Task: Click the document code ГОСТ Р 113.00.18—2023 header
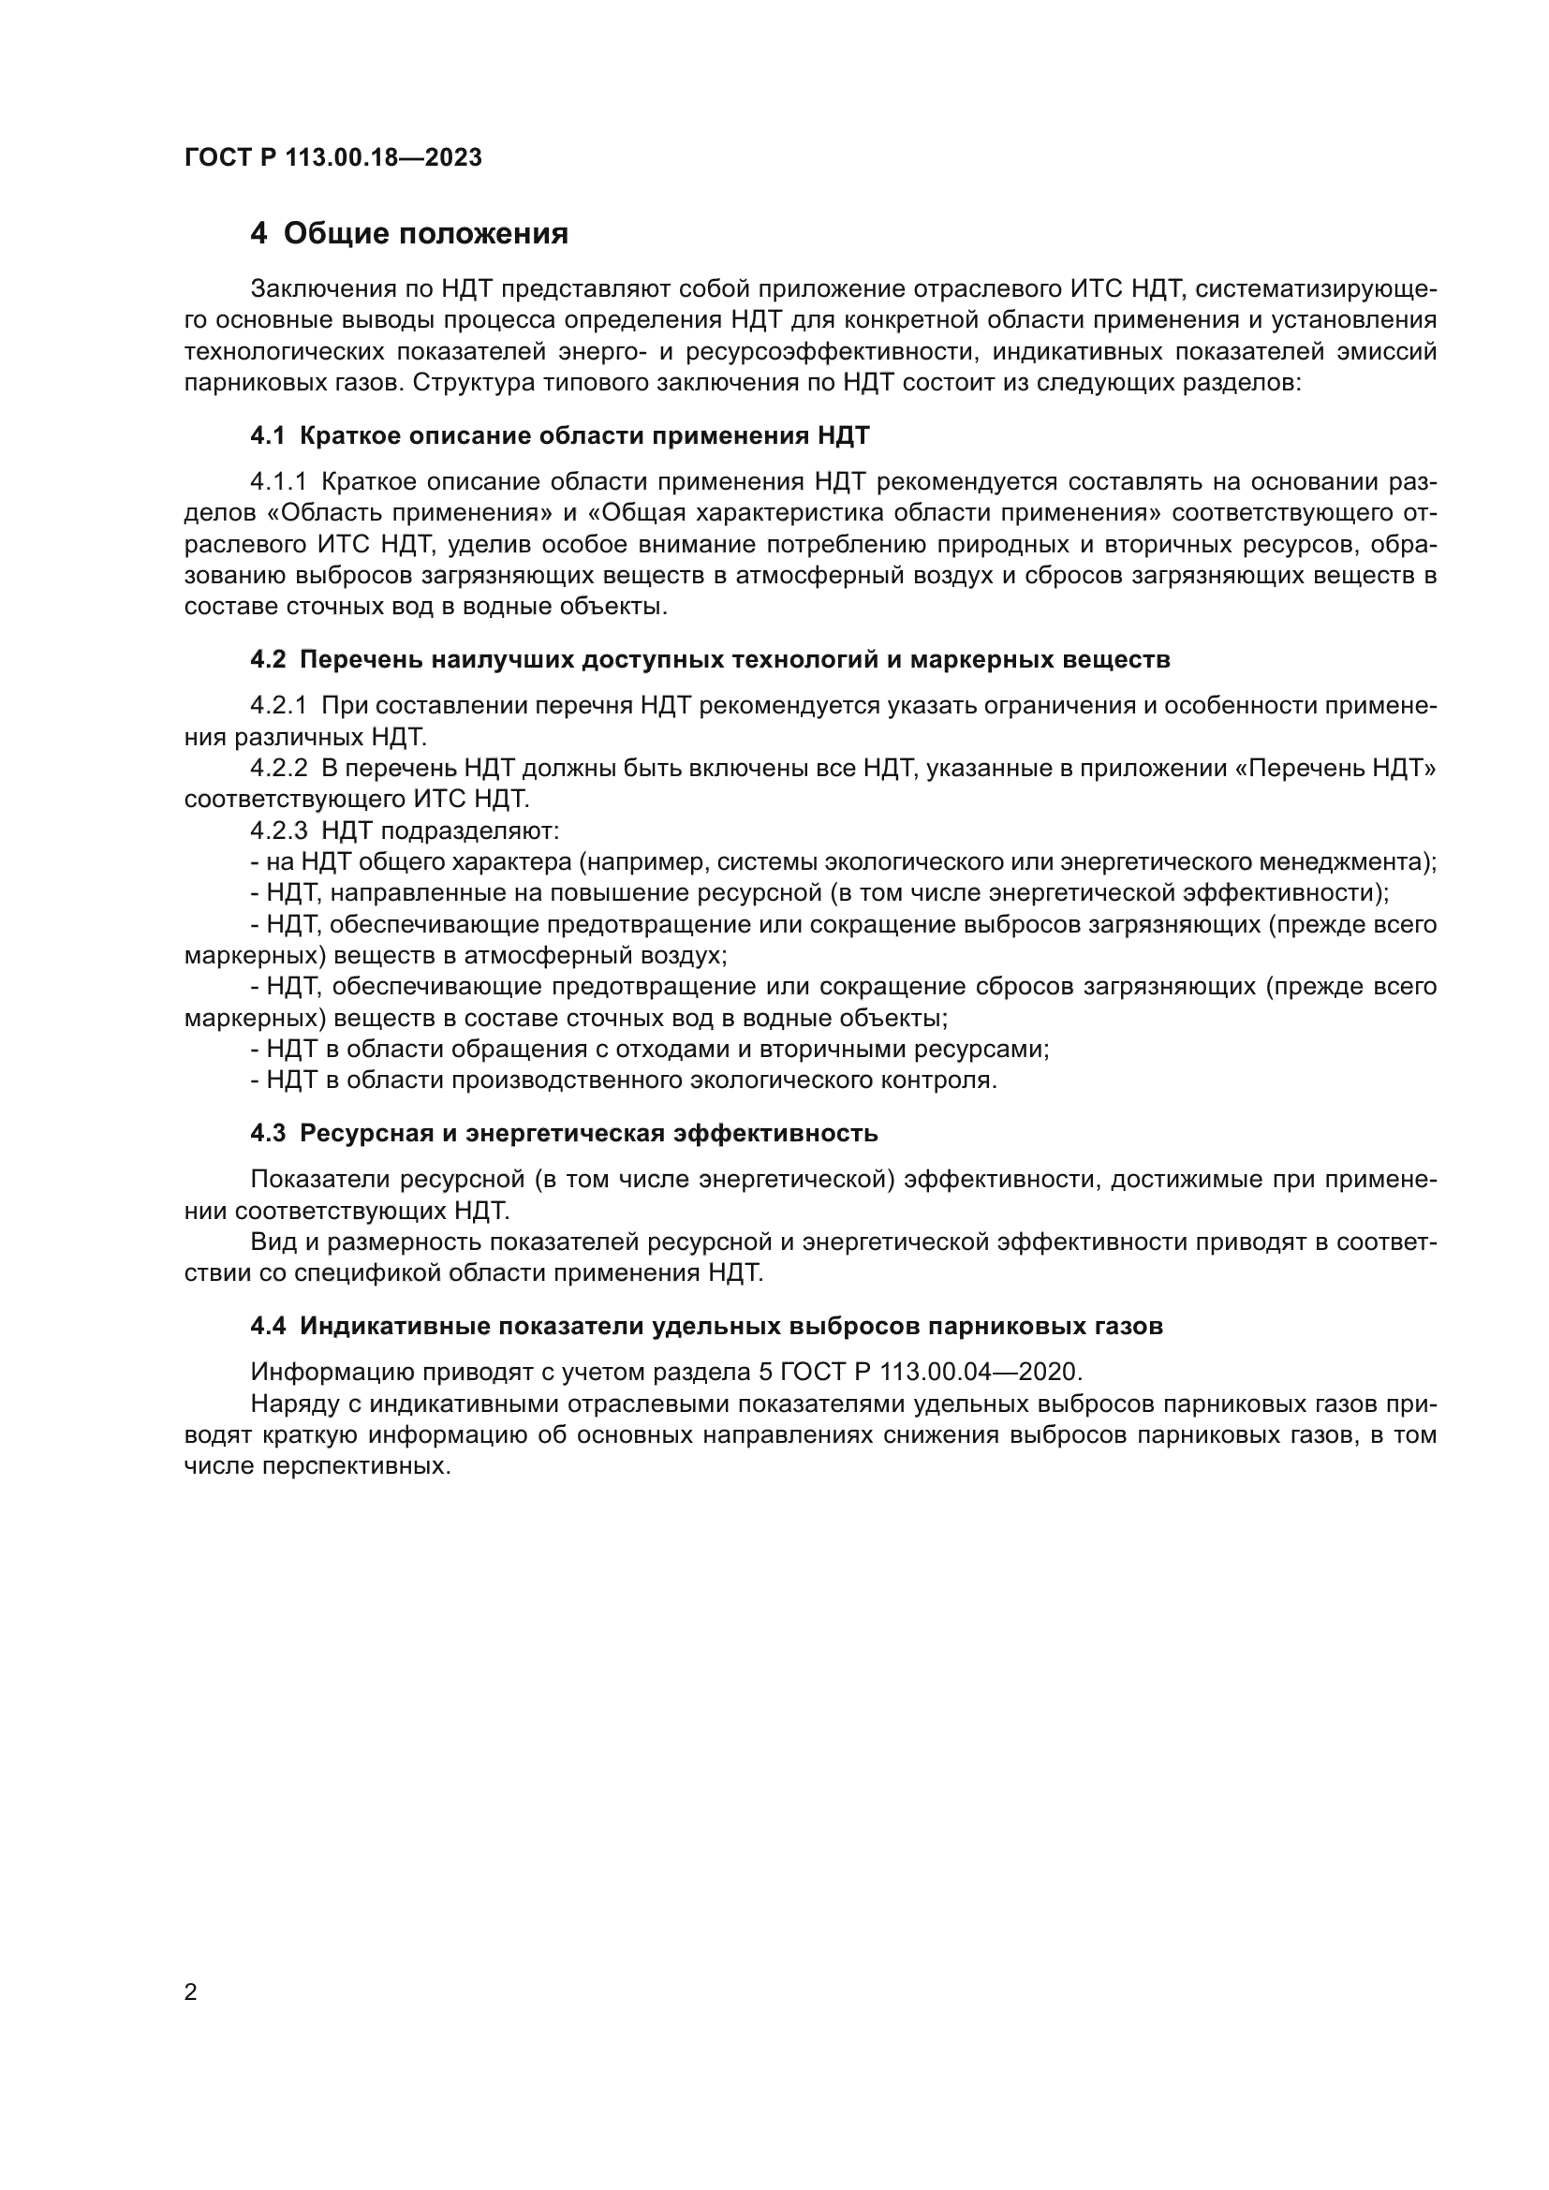pos(332,157)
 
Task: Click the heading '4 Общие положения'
pos(409,234)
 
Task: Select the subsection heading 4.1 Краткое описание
pos(560,436)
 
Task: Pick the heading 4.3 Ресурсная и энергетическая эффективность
pos(564,1133)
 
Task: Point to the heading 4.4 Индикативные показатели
pos(706,1326)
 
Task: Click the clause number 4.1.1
pos(278,481)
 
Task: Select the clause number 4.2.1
pos(278,706)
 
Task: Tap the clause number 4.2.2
pos(278,768)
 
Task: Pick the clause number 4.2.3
pos(278,830)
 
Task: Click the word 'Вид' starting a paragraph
pos(271,1242)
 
